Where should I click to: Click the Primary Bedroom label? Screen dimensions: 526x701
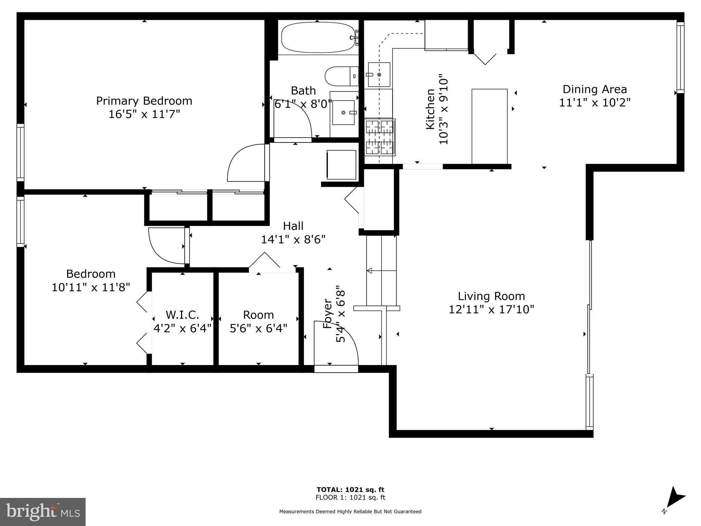(x=144, y=101)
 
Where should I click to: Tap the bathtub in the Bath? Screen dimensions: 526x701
(x=317, y=38)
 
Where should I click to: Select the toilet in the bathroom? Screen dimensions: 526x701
(x=341, y=76)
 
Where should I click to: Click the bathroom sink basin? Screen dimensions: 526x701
(x=343, y=112)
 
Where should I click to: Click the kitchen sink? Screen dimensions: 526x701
(x=379, y=75)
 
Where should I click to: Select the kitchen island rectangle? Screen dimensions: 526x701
(x=489, y=126)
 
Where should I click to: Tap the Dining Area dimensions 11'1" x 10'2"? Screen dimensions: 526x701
(x=595, y=102)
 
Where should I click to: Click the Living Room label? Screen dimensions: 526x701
(x=491, y=296)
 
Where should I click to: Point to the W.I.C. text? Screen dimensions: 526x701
(x=182, y=315)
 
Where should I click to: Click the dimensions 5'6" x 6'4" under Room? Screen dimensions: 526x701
(x=258, y=328)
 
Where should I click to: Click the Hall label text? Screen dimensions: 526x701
(x=293, y=226)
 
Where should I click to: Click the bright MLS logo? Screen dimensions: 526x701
(x=43, y=512)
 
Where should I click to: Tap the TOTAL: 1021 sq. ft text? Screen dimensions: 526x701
(x=350, y=490)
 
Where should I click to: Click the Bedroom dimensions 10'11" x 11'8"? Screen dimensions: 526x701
(x=91, y=287)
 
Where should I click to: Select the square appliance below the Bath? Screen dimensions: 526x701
(x=341, y=165)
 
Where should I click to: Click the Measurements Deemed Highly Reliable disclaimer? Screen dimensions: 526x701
(x=350, y=512)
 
